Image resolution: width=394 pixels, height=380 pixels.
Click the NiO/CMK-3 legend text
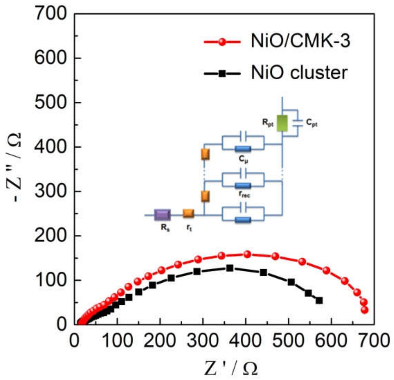[x=300, y=41]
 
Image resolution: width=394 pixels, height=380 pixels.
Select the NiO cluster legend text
[x=299, y=73]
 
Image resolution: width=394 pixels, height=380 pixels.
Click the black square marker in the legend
[x=222, y=74]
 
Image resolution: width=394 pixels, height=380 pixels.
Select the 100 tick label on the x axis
[x=117, y=341]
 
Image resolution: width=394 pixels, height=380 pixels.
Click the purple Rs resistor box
[x=162, y=215]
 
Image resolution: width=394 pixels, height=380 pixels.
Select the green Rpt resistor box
[x=282, y=123]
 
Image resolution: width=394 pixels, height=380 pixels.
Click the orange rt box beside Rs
[x=188, y=213]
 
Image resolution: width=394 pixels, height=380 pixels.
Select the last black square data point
[x=319, y=300]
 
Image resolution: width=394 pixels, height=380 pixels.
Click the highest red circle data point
[x=247, y=254]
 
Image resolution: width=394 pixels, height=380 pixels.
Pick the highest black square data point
[x=230, y=268]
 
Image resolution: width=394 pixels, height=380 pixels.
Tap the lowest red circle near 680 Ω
[x=365, y=310]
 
